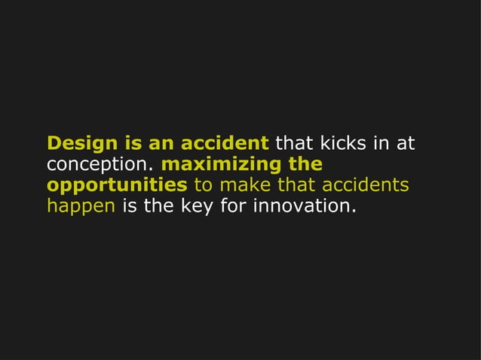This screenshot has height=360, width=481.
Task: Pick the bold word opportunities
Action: (117, 186)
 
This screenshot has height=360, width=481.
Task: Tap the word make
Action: (243, 185)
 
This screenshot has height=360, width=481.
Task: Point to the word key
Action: (198, 207)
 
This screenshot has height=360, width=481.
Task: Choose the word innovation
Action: (304, 206)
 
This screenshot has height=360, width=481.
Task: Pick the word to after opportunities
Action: (204, 185)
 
